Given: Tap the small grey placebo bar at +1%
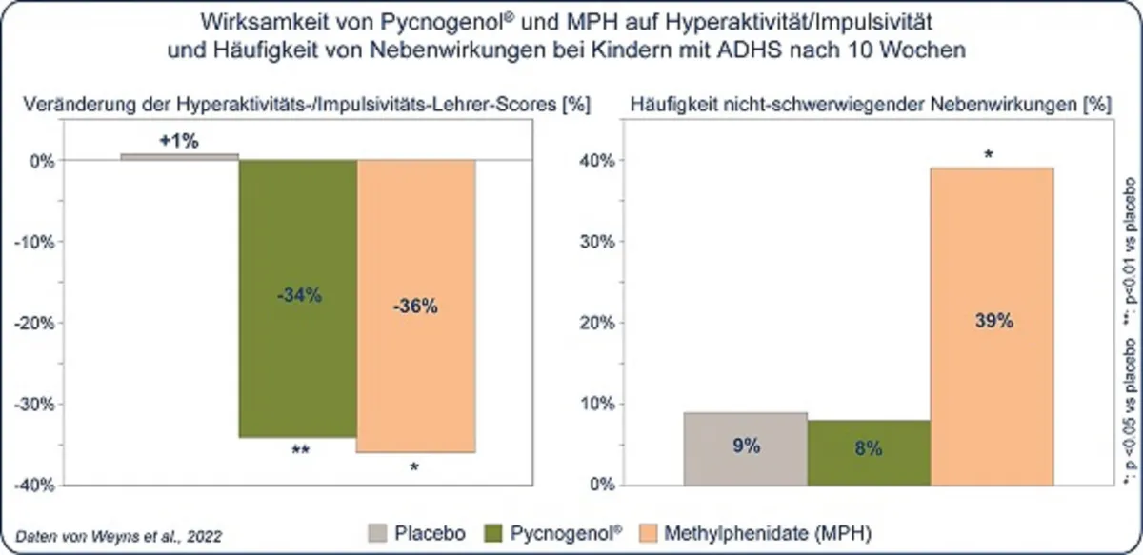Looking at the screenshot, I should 179,156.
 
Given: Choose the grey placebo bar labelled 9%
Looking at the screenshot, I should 746,448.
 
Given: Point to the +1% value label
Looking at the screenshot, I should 179,141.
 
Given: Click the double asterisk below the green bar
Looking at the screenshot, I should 301,451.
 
